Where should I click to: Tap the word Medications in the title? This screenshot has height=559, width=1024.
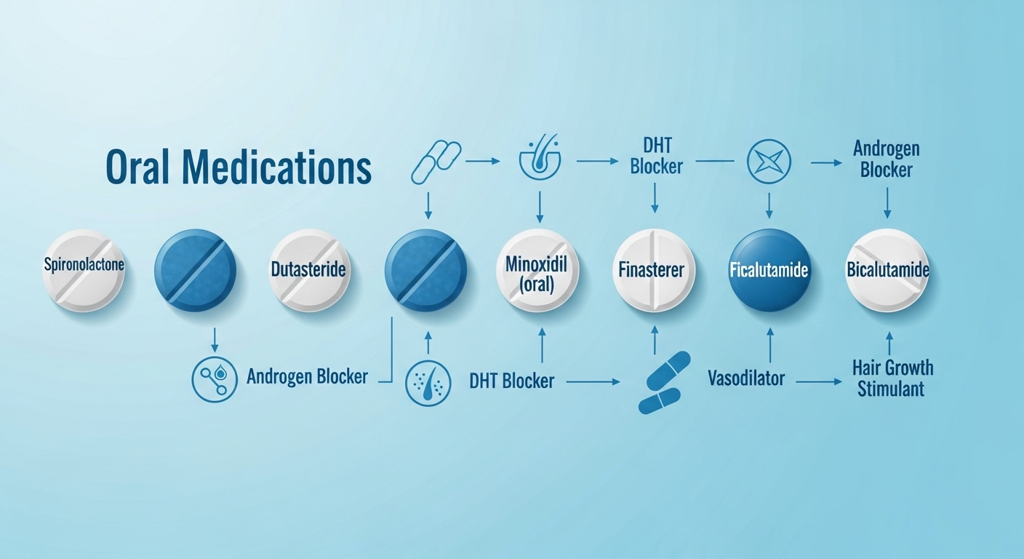coord(277,167)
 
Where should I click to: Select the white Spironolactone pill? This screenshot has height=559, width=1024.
coord(84,270)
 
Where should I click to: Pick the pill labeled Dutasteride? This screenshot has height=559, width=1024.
coord(309,270)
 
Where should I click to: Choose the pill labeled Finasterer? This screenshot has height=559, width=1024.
coord(654,270)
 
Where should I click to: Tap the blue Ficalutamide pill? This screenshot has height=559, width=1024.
coord(769,270)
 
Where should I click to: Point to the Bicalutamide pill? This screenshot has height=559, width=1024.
coord(887,270)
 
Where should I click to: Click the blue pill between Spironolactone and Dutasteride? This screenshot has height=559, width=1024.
coord(195,270)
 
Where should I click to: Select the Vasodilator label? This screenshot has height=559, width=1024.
coord(745,378)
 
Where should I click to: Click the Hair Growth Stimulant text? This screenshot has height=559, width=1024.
coord(891,378)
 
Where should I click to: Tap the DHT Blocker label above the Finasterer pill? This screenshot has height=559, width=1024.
coord(655,156)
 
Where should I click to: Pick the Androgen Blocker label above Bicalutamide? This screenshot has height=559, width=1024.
coord(886,159)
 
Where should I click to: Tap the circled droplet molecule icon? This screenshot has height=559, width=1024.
coord(214,379)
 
